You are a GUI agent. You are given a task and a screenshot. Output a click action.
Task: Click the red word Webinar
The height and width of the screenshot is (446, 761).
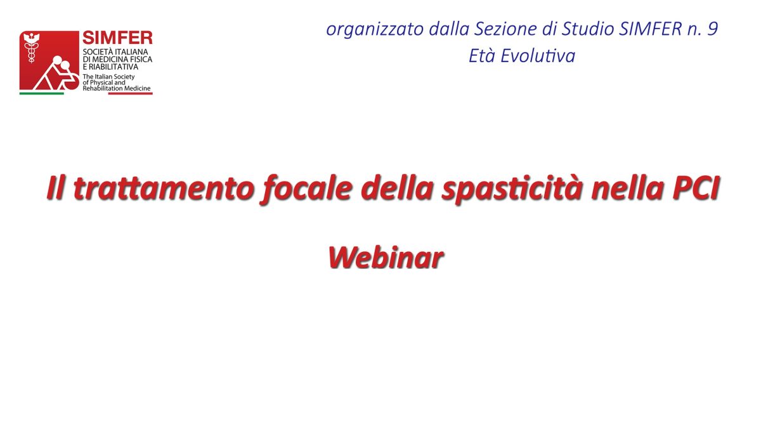(x=386, y=258)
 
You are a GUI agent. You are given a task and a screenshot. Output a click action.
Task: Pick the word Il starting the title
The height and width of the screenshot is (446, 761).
(x=56, y=188)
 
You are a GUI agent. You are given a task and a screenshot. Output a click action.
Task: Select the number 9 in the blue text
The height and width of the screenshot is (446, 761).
(x=712, y=29)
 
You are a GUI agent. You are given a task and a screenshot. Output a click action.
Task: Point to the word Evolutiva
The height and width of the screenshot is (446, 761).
(x=538, y=56)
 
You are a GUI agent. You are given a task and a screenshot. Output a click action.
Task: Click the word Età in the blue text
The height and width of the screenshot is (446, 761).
(x=482, y=56)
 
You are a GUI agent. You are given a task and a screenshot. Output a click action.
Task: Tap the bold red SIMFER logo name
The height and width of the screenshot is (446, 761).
(x=117, y=37)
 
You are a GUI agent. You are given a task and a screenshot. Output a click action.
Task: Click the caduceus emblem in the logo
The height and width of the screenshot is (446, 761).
(x=32, y=48)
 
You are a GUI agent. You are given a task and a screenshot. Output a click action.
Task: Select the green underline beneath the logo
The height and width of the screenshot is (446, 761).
(x=41, y=93)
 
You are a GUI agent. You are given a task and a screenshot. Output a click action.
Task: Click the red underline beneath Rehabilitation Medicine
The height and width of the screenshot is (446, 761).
(x=131, y=93)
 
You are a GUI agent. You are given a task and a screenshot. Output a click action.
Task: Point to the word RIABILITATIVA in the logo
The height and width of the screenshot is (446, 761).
(x=114, y=67)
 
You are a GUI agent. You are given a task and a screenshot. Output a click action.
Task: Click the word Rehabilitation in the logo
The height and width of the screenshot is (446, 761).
(x=102, y=88)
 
